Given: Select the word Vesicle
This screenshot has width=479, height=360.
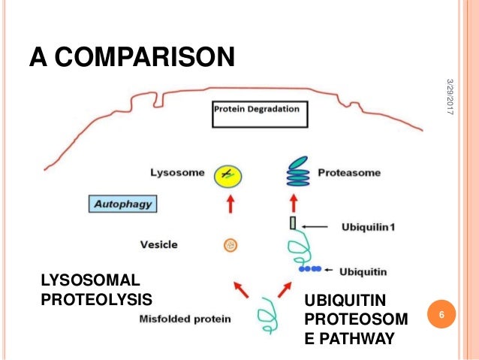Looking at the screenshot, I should (158, 244).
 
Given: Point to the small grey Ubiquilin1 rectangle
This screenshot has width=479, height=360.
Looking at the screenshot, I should (294, 223).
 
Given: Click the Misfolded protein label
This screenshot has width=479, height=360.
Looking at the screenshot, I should (185, 319).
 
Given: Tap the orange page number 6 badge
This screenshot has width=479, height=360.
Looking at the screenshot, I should (442, 313).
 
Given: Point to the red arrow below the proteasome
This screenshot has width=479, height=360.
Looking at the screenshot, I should (294, 202).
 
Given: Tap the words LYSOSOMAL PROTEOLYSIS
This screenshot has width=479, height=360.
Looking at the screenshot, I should (89, 290).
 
